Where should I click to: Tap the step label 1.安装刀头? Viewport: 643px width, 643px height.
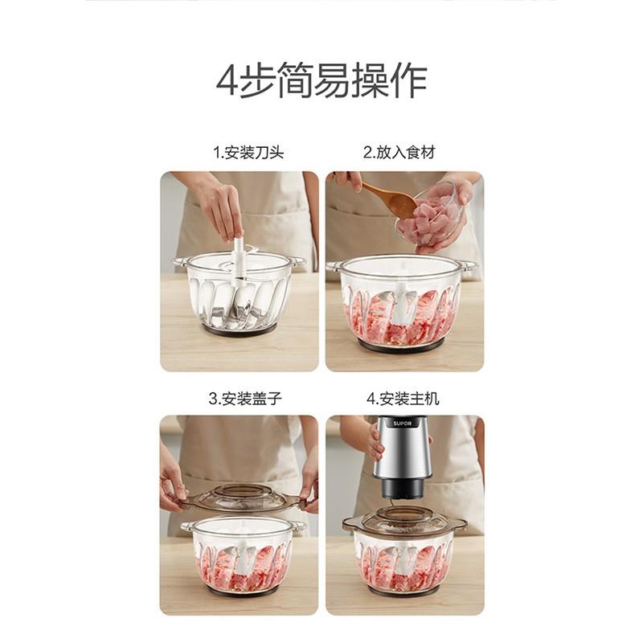pos(248,152)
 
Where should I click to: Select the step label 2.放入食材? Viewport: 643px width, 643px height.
pos(399,152)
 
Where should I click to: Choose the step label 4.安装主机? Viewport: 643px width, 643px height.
pos(403,398)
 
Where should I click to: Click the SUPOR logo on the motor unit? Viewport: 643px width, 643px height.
pos(401,424)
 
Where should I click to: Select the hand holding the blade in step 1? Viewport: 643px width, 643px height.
pos(219,209)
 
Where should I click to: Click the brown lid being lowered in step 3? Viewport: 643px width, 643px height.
pos(242,498)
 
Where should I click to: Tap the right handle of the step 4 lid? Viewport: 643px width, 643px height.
pos(460,525)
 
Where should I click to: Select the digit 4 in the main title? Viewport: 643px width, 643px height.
pos(228,81)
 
